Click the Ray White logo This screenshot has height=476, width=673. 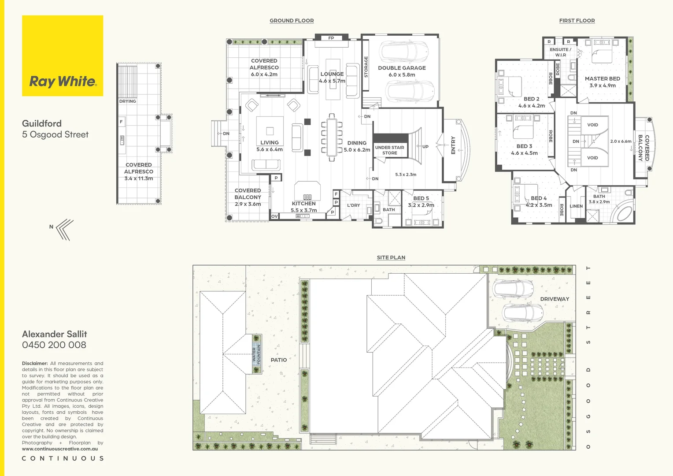(x=63, y=56)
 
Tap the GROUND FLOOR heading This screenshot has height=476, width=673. (x=292, y=21)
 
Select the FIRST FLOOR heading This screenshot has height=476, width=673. (x=577, y=21)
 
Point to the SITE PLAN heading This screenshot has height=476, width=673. (x=391, y=257)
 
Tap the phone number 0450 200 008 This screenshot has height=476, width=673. (x=54, y=345)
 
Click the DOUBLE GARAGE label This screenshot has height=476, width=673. (x=402, y=68)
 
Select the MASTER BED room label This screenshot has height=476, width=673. (x=602, y=79)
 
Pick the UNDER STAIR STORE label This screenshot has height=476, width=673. (x=389, y=150)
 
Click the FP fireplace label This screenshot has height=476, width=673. (x=331, y=38)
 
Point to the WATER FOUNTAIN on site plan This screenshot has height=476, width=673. (x=256, y=354)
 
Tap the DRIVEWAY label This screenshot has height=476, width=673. (x=555, y=299)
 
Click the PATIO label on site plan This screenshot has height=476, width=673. (x=278, y=360)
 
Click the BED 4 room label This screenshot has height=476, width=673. (x=538, y=198)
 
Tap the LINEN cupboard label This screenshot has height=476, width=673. (x=576, y=206)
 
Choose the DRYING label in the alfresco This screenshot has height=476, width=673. (x=127, y=101)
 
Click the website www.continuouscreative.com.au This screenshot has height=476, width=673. (x=59, y=449)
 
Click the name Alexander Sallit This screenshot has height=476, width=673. (x=55, y=334)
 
